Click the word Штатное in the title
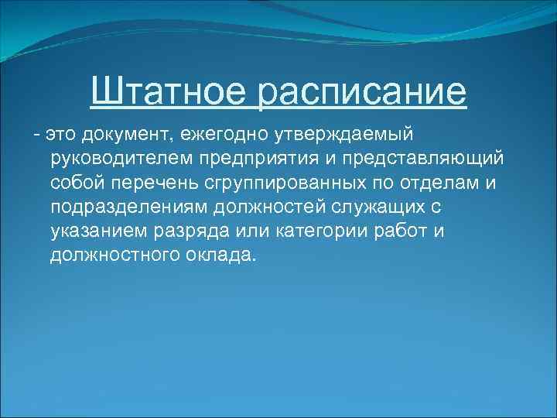tap(168, 92)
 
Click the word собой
tap(74, 183)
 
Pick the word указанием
tap(90, 231)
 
